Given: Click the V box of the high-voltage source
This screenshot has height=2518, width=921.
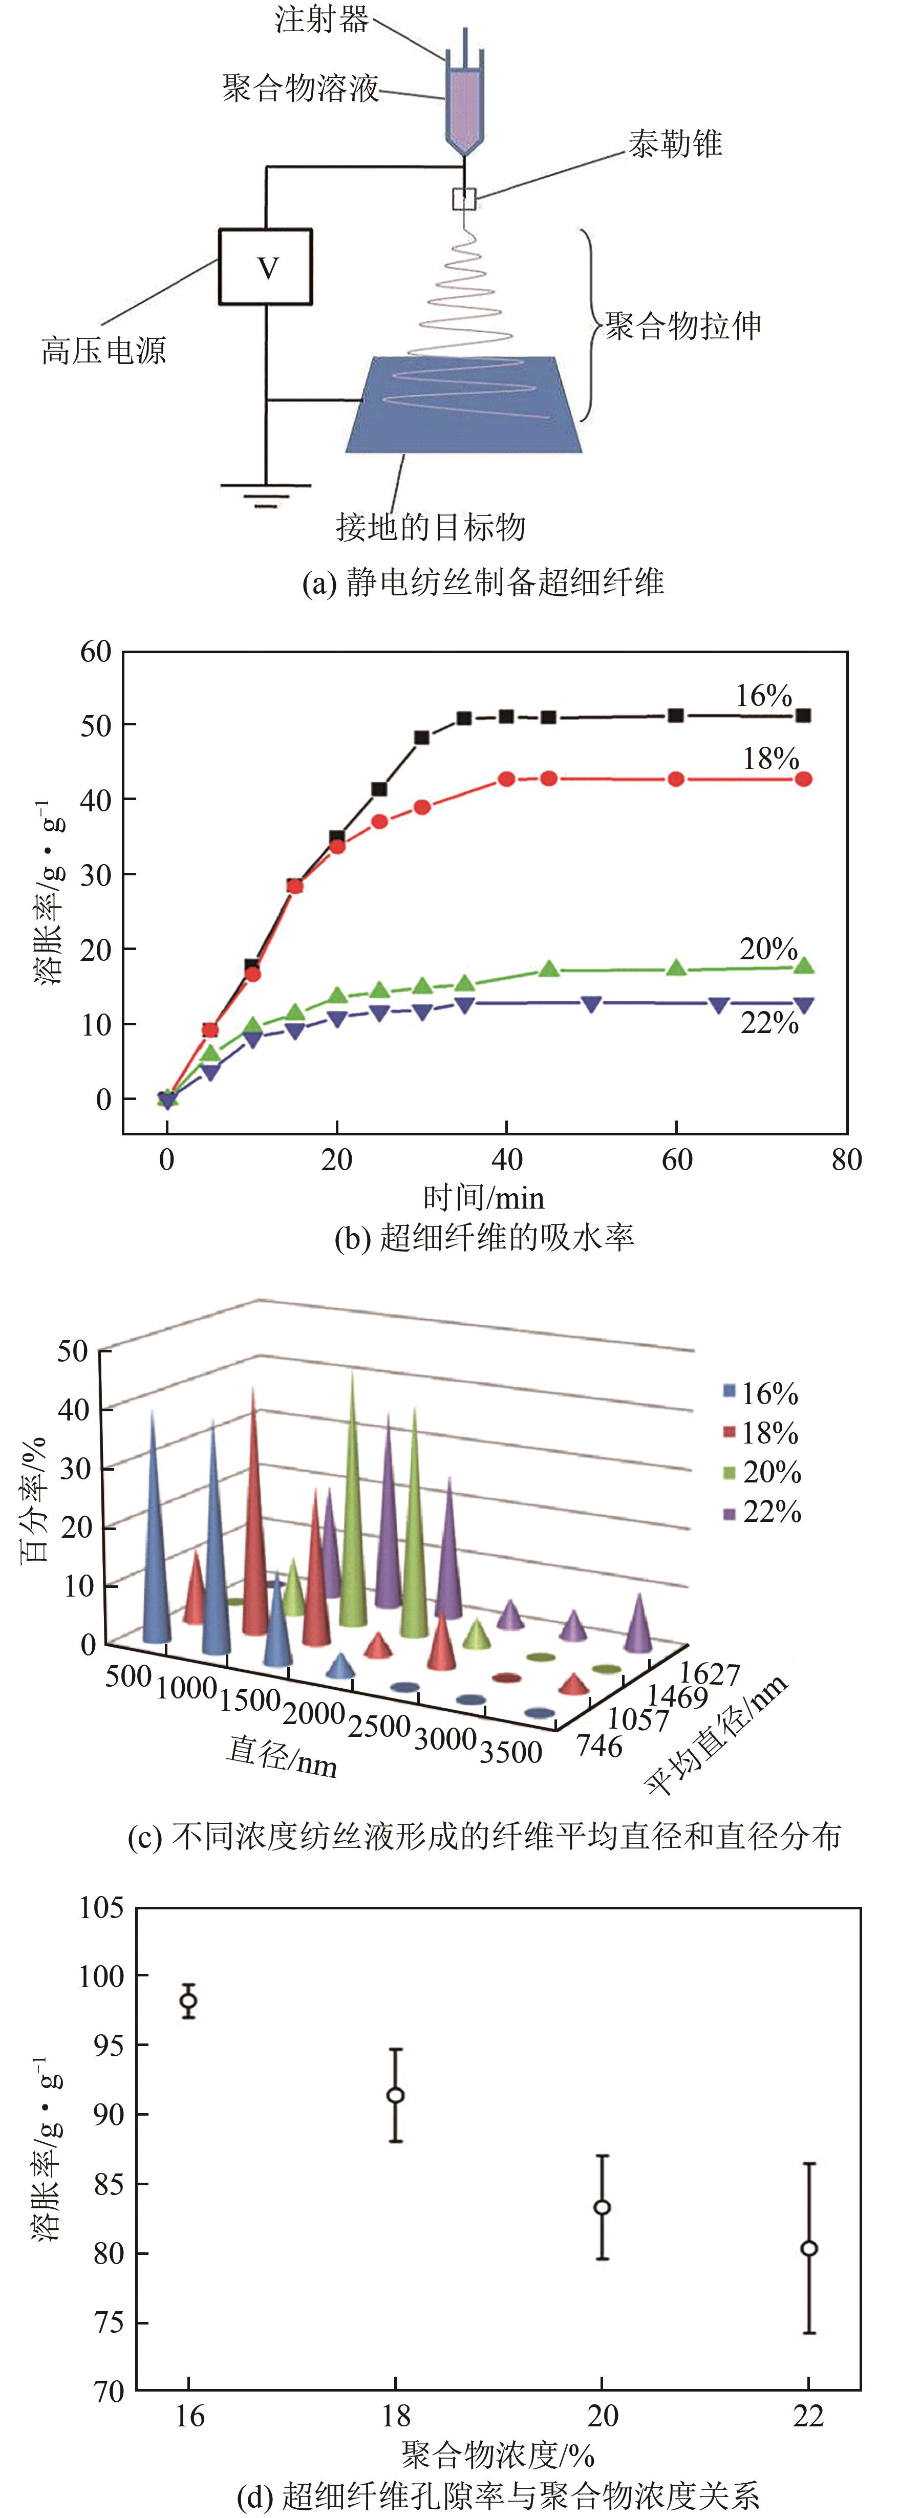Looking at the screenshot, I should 265,267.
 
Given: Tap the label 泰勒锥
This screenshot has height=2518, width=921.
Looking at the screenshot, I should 675,145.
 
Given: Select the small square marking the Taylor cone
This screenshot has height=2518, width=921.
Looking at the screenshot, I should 463,200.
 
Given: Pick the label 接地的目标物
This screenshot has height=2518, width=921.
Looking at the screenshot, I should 430,527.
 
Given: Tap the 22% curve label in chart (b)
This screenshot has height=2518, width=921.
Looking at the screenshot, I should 769,1023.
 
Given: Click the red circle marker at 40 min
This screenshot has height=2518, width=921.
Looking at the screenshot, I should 506,779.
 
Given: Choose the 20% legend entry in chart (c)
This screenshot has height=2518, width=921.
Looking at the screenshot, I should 763,1472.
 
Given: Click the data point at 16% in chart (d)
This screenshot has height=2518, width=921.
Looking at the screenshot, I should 189,2001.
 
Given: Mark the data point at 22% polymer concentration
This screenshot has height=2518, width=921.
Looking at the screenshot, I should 808,2248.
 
